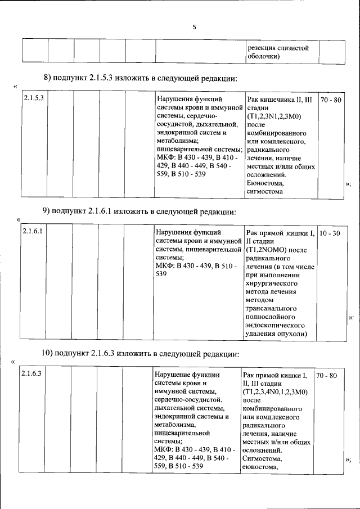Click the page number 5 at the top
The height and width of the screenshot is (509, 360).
[x=194, y=27]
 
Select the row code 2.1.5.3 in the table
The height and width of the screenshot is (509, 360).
[x=34, y=99]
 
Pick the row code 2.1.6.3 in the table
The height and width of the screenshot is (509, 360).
[x=31, y=375]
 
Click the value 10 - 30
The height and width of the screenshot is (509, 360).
[x=329, y=232]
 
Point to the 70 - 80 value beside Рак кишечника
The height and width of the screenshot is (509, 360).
[x=330, y=100]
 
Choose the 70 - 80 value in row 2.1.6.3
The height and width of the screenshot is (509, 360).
[x=326, y=375]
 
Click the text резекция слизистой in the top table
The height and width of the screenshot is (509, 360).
[x=278, y=48]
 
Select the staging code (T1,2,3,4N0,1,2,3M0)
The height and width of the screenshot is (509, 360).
[x=274, y=391]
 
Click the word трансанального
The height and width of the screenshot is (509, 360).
[x=271, y=308]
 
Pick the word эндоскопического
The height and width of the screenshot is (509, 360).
[x=274, y=325]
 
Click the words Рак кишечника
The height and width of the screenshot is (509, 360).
[x=268, y=100]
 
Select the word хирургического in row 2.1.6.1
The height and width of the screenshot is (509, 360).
[x=272, y=283]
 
